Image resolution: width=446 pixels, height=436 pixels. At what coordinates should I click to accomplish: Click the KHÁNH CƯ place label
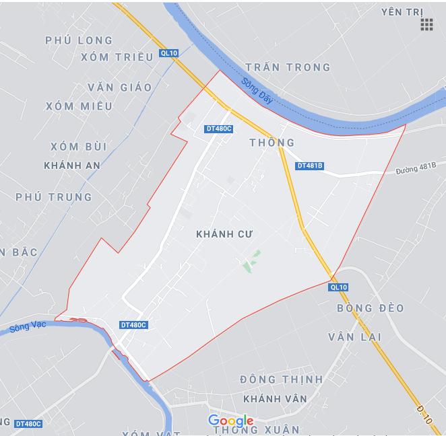224,233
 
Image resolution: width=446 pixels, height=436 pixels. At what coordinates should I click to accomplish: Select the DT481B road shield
310,166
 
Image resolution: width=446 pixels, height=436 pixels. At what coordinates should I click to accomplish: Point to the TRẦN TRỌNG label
288,67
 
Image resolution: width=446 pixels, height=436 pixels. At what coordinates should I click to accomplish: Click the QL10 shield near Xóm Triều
168,52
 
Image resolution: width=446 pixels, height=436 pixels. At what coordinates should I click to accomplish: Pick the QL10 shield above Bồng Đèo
338,287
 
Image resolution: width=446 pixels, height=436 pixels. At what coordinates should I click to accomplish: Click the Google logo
230,421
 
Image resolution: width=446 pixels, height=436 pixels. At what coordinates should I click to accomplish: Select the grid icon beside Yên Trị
426,25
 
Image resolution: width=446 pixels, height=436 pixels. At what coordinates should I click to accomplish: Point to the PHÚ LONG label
79,40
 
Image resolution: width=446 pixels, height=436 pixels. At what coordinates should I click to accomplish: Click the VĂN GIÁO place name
119,87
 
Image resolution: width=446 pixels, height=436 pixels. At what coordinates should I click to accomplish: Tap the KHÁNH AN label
71,165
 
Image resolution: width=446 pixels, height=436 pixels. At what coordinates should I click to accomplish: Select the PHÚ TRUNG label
54,197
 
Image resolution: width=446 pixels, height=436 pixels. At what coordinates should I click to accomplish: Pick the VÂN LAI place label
355,336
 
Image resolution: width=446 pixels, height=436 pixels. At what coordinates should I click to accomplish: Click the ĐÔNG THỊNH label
281,379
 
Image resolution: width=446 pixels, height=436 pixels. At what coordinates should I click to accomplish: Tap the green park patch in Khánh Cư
251,262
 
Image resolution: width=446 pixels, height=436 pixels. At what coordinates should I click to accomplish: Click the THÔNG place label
272,143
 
